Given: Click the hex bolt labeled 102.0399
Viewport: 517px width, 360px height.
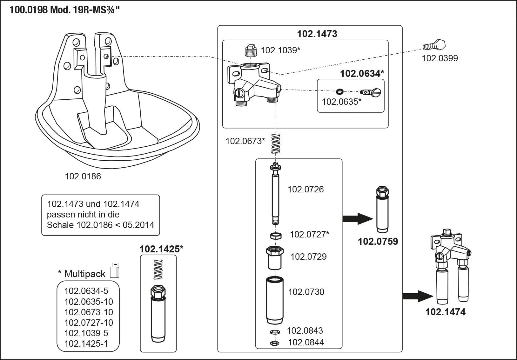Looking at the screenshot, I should tap(434, 46).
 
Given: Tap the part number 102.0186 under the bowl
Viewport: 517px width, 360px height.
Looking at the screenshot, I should tap(83, 177).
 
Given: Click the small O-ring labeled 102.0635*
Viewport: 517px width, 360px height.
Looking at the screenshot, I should tap(339, 92).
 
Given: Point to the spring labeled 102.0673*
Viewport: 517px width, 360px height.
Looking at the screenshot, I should tap(276, 143).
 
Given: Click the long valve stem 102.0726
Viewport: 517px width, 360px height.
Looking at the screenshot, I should tap(275, 194).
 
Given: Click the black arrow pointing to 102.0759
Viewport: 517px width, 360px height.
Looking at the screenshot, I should tap(357, 218).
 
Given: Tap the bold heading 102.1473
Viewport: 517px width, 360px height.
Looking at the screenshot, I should tap(317, 34).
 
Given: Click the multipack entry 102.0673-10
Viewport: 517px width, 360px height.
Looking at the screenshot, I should tap(89, 312).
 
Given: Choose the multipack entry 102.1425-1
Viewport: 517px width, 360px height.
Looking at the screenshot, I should tap(86, 344).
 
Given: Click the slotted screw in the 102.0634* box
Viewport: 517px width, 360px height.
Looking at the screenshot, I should tap(371, 93).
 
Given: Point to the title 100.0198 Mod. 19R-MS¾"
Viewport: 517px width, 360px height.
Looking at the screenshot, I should tap(65, 10).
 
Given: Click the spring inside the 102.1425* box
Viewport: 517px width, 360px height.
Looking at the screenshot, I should tap(158, 270).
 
